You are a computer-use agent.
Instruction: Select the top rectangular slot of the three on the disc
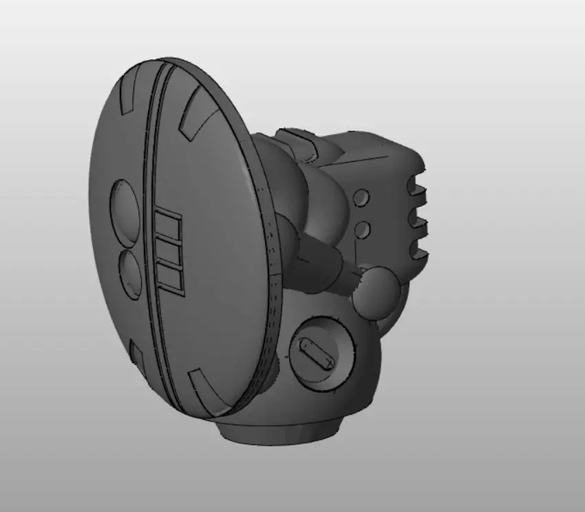click(167, 226)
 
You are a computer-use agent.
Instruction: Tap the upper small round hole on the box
click(361, 198)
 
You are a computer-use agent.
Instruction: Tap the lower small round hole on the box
click(362, 229)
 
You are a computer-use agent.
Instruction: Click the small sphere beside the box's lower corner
click(379, 293)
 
